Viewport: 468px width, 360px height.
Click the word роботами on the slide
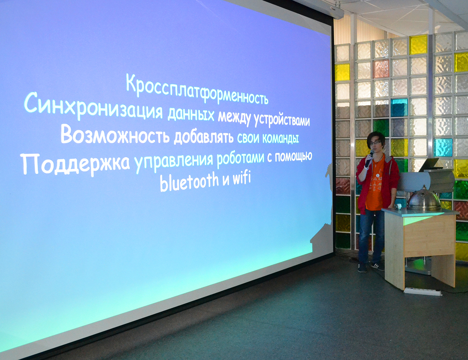(240, 158)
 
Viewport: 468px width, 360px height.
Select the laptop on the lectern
(430, 165)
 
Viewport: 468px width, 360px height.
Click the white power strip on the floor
(422, 292)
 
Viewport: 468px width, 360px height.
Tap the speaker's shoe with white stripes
(377, 266)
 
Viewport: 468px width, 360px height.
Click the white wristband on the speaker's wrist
(367, 167)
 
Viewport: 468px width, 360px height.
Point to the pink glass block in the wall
(381, 68)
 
